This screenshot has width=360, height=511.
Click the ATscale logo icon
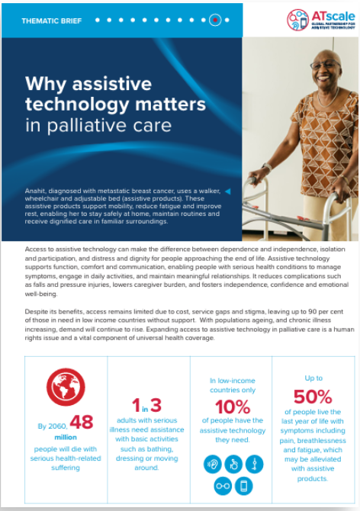(298, 20)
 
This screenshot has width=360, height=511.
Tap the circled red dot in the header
(215, 21)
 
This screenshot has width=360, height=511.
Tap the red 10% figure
(230, 407)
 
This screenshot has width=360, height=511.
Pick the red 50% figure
(313, 397)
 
